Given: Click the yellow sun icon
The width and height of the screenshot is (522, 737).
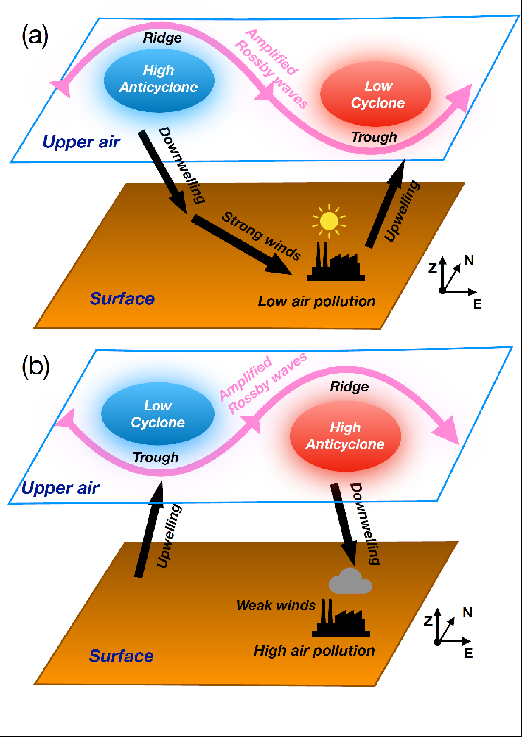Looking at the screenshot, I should pyautogui.click(x=329, y=221).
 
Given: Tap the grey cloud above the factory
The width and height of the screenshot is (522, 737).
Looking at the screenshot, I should pyautogui.click(x=350, y=581).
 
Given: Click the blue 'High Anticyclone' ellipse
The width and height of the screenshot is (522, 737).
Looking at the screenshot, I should pyautogui.click(x=159, y=81).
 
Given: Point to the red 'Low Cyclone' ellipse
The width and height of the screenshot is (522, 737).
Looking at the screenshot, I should pyautogui.click(x=376, y=94).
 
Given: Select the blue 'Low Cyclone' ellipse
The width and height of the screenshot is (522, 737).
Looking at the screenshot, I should pyautogui.click(x=158, y=414).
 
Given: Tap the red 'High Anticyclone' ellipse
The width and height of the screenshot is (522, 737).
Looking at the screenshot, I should pyautogui.click(x=346, y=436).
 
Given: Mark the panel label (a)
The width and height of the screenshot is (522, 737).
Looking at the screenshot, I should pyautogui.click(x=35, y=36).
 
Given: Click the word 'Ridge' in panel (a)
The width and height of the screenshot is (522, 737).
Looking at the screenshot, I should pyautogui.click(x=162, y=38).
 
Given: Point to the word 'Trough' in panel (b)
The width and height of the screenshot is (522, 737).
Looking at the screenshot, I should pyautogui.click(x=156, y=457).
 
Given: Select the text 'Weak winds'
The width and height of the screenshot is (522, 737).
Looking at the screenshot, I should pyautogui.click(x=276, y=605).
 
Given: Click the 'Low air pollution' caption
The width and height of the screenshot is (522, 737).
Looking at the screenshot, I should pyautogui.click(x=317, y=301).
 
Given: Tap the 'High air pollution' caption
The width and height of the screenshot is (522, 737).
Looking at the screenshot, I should pyautogui.click(x=314, y=651).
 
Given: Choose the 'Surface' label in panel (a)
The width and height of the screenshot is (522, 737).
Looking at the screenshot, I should pyautogui.click(x=122, y=299).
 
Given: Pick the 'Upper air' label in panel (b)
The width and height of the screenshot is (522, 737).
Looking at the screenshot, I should pyautogui.click(x=60, y=488).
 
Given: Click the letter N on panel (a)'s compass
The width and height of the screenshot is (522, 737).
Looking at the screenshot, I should pyautogui.click(x=469, y=261).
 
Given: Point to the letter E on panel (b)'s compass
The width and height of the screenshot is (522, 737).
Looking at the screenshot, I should pyautogui.click(x=468, y=653).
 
